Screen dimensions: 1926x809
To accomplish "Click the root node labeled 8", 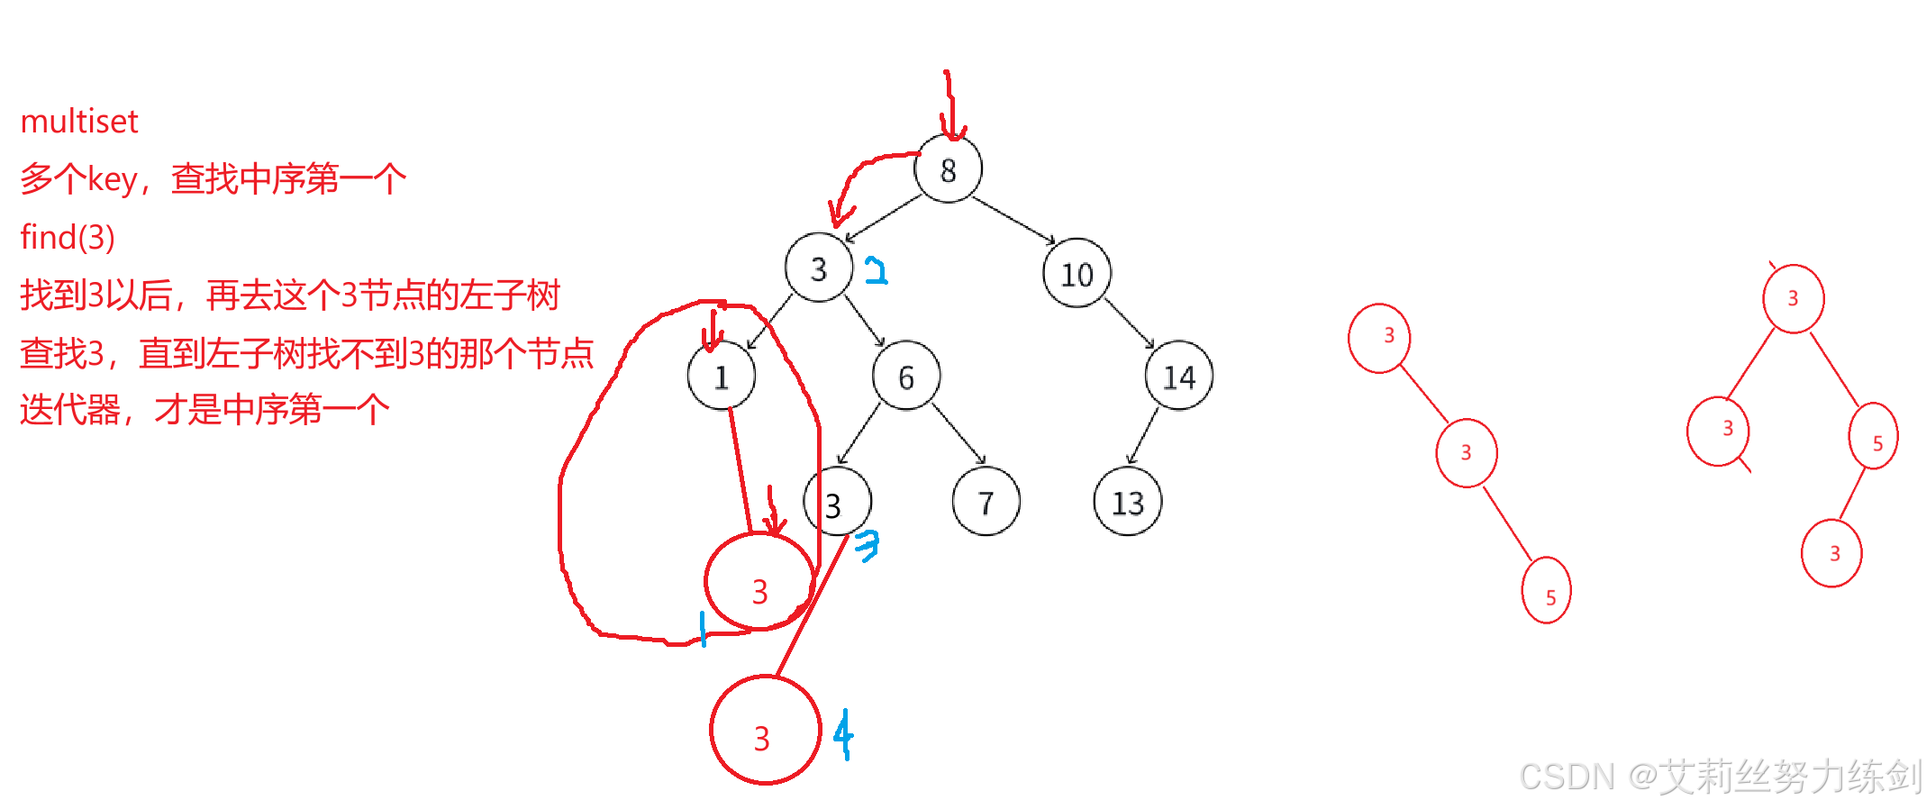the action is [x=948, y=169].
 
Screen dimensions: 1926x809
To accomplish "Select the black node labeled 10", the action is [x=1077, y=273].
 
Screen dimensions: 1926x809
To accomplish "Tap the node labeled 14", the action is [x=1178, y=376].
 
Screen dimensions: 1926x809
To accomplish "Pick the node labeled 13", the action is [x=1127, y=502].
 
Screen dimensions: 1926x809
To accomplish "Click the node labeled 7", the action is [x=986, y=502].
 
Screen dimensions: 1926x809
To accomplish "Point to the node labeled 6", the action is [x=906, y=376].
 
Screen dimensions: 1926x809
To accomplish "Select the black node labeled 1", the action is [x=721, y=376].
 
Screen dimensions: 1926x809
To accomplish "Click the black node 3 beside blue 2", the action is [x=818, y=268].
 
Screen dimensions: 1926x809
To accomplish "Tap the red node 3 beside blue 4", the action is [x=764, y=730].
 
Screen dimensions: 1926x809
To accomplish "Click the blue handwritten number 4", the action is [x=843, y=734].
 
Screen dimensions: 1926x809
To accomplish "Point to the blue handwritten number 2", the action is [x=876, y=270].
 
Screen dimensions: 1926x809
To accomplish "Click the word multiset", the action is [x=79, y=122].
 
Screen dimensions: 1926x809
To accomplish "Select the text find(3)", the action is [x=68, y=238].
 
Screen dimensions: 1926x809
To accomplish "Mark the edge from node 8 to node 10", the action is [x=1013, y=220].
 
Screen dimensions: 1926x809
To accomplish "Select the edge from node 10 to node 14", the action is [x=1129, y=324].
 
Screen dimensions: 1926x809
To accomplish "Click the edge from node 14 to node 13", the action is [x=1143, y=435].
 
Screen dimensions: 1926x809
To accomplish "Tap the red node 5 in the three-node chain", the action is [x=1546, y=590].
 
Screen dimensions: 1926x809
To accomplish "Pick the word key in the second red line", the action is [x=112, y=179].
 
